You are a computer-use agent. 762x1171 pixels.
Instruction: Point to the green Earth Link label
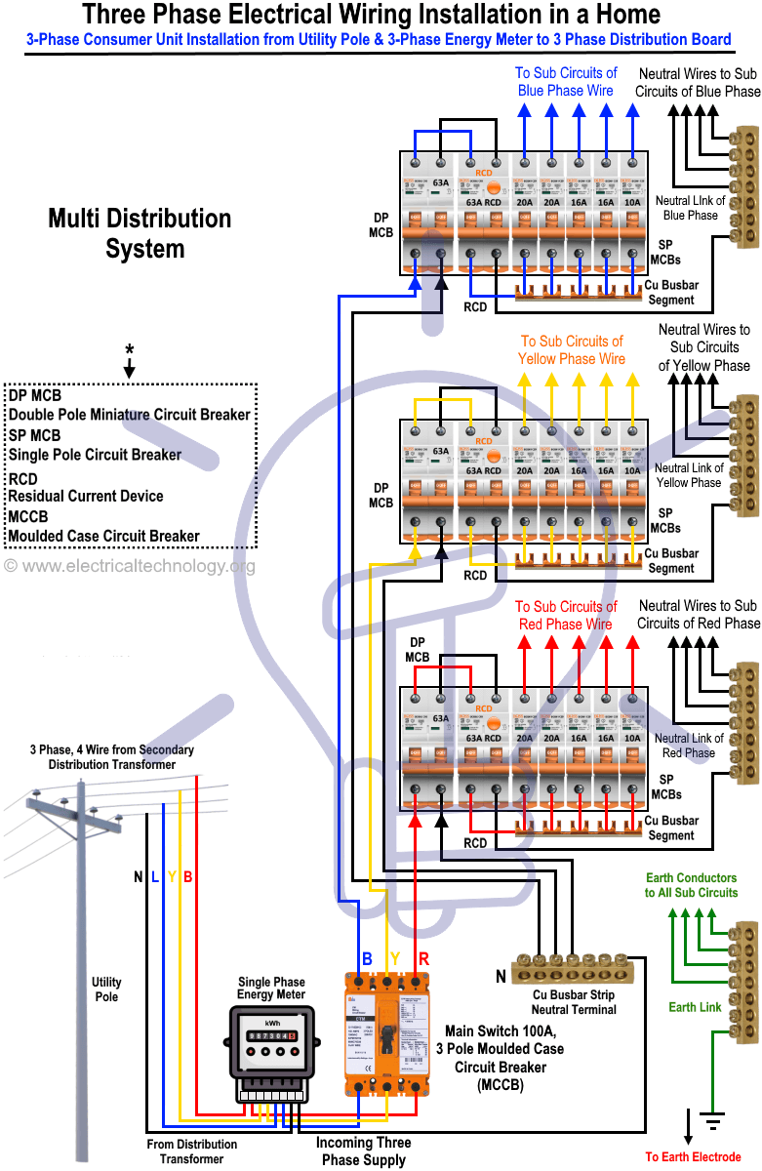(x=695, y=1007)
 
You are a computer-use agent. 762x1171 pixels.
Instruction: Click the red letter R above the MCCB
(x=423, y=958)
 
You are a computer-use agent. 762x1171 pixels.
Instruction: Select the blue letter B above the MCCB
(x=367, y=958)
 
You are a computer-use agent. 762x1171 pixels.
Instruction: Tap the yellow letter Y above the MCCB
(x=394, y=958)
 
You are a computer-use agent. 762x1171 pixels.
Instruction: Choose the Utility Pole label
(x=106, y=989)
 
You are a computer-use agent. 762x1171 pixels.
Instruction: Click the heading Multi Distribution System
(x=140, y=233)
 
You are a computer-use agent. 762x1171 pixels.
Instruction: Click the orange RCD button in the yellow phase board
(x=494, y=457)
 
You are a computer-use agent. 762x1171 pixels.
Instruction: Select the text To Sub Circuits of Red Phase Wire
(x=566, y=615)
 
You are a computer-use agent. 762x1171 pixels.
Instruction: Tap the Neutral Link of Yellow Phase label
(x=689, y=475)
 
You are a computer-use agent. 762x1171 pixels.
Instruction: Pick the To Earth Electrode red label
(x=693, y=1157)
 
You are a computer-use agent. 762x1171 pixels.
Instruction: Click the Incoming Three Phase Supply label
(x=363, y=1151)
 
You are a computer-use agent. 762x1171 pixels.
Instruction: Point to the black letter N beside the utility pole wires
(x=139, y=877)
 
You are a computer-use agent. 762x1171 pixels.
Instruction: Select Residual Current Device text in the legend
(x=86, y=496)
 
